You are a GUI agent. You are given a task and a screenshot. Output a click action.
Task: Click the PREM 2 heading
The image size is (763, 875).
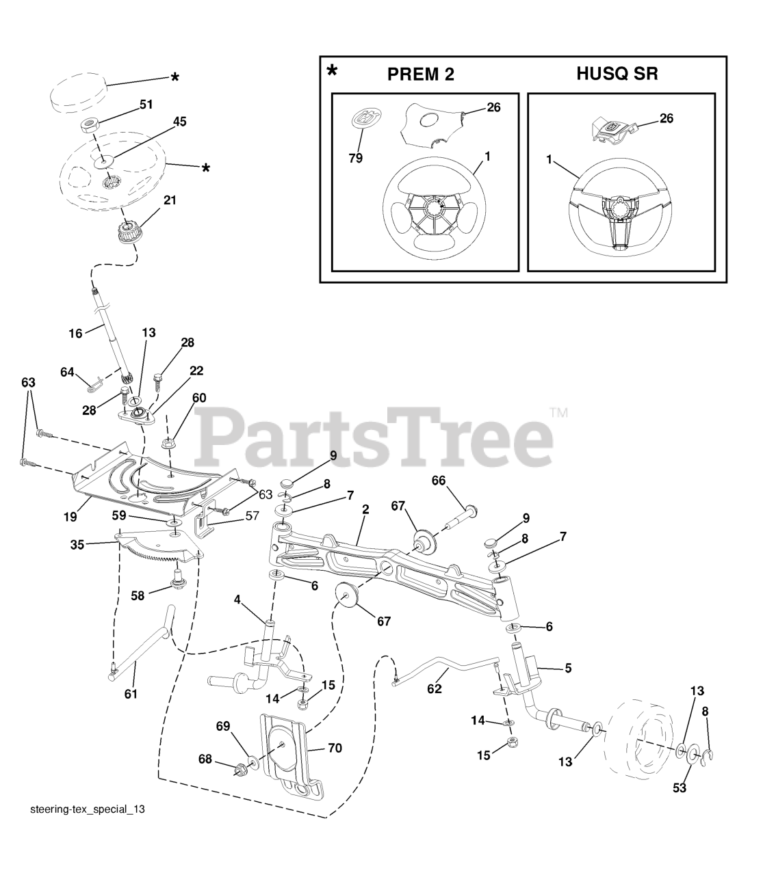(420, 75)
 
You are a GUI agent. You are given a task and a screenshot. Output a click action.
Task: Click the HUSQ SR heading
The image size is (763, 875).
(617, 74)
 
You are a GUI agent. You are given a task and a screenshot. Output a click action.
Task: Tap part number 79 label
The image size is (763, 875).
(355, 158)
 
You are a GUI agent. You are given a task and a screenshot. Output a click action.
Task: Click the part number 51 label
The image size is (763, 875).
(146, 104)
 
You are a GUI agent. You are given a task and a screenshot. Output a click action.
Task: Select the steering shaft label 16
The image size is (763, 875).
(75, 334)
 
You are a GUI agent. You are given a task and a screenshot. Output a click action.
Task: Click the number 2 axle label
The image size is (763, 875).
(365, 509)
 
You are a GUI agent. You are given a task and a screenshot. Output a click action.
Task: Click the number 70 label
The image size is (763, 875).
(334, 748)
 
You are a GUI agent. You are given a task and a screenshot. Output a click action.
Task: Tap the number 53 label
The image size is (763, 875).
(679, 788)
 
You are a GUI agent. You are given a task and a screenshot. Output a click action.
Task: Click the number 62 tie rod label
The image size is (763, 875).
(435, 688)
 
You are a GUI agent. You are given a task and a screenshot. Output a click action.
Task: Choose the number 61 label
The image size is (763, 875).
(131, 694)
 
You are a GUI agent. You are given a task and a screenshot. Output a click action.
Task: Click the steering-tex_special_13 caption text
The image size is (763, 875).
(88, 809)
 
